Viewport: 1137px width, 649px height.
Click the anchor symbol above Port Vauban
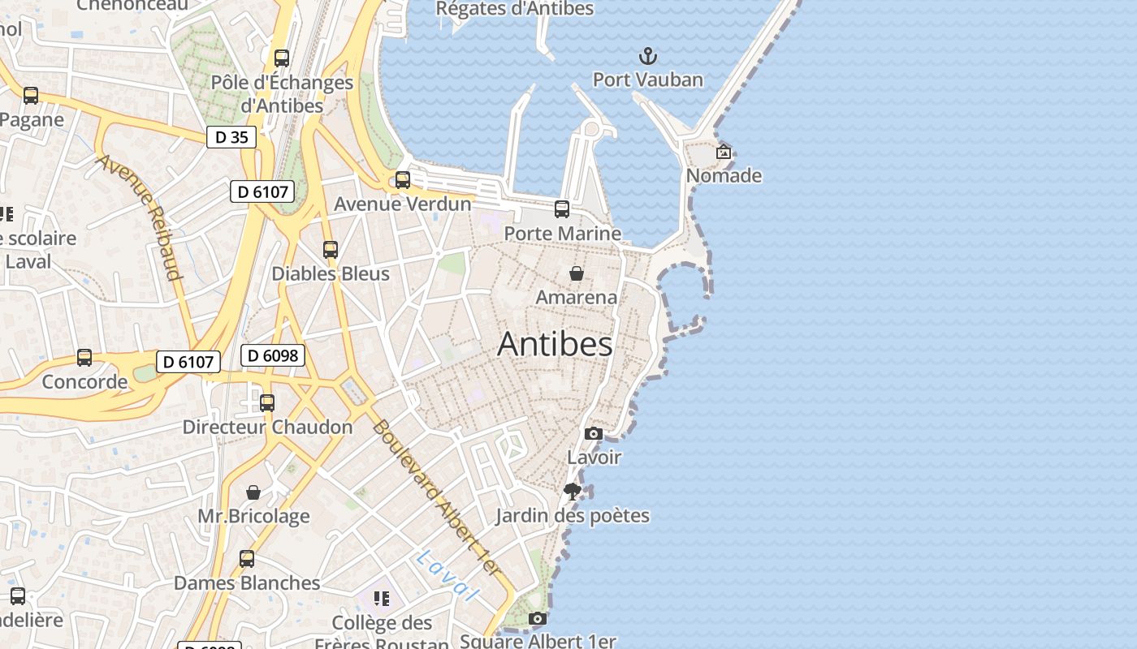point(647,56)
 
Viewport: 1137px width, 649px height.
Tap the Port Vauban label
point(647,80)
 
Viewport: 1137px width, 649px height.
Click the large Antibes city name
point(555,344)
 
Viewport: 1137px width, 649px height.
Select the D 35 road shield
point(231,137)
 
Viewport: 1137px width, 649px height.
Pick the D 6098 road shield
point(273,355)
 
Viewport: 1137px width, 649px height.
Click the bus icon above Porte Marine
point(562,209)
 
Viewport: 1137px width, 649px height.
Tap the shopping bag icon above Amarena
point(577,273)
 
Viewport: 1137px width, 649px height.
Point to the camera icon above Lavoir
point(594,433)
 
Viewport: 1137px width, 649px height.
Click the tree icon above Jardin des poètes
point(573,491)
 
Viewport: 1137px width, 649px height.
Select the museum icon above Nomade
point(723,152)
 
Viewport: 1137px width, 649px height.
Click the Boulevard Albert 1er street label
point(437,498)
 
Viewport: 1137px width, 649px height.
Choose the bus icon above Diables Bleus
point(330,250)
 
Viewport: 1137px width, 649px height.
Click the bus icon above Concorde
point(84,358)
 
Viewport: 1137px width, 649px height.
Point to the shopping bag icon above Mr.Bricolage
point(253,492)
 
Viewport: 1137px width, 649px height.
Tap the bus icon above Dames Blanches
point(247,559)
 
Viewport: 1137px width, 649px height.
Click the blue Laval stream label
point(445,577)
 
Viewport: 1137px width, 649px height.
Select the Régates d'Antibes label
point(515,9)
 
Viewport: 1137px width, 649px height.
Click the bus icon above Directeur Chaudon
point(266,403)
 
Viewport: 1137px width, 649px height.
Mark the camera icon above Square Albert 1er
point(537,619)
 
